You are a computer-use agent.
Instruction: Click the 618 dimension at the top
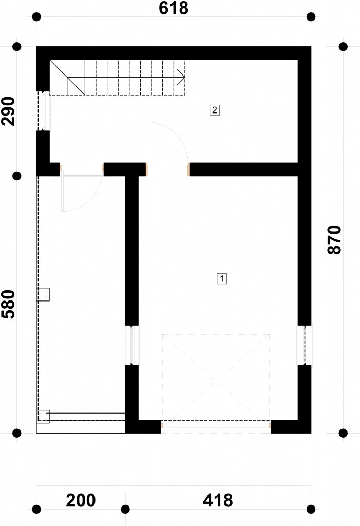pyautogui.click(x=174, y=8)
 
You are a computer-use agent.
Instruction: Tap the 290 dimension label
pyautogui.click(x=8, y=111)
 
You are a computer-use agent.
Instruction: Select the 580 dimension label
pyautogui.click(x=8, y=304)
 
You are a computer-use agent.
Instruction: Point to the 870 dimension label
pyautogui.click(x=334, y=240)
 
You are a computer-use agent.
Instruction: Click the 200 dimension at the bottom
pyautogui.click(x=81, y=500)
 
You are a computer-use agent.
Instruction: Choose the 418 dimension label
pyautogui.click(x=218, y=500)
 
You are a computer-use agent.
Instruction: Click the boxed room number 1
pyautogui.click(x=222, y=278)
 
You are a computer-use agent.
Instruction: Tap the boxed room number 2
pyautogui.click(x=215, y=110)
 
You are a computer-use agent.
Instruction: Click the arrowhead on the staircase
pyautogui.click(x=181, y=77)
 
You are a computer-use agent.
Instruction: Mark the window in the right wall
pyautogui.click(x=305, y=345)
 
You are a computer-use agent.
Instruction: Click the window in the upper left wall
pyautogui.click(x=43, y=111)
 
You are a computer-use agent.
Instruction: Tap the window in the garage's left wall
pyautogui.click(x=131, y=345)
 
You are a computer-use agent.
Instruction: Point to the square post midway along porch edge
pyautogui.click(x=43, y=294)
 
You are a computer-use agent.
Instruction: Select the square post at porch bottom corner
pyautogui.click(x=43, y=417)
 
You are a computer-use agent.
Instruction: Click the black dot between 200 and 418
pyautogui.click(x=125, y=509)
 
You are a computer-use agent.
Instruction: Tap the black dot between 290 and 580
pyautogui.click(x=17, y=176)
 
